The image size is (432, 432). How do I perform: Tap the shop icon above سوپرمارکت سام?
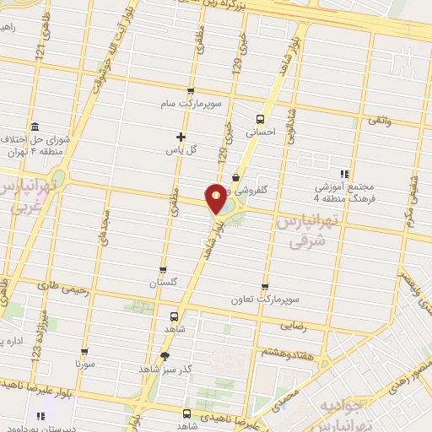[191, 92]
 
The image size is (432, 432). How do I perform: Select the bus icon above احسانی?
[260, 118]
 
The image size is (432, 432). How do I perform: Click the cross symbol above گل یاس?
[181, 136]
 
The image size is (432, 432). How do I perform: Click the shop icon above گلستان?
[163, 271]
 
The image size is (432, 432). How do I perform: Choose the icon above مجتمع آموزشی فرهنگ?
[343, 172]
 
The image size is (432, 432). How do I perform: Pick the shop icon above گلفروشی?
[235, 178]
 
